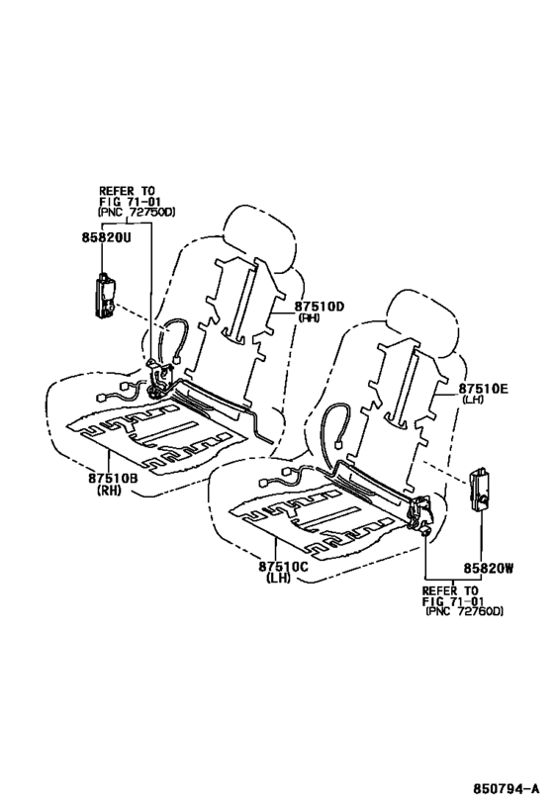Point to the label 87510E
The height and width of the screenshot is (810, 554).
[483, 391]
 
